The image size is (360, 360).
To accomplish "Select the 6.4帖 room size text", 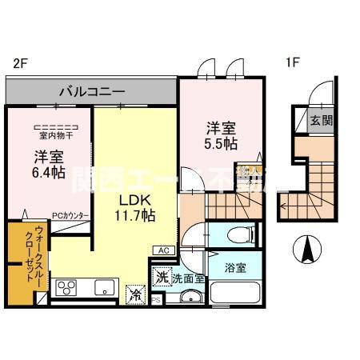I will coord(49,173).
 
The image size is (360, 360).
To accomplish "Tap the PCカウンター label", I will coord(70,215).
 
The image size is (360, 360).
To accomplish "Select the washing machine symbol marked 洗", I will coord(162,277).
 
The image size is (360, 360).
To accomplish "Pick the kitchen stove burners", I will coord(66,287).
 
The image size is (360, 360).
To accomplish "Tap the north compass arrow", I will coord(308,251).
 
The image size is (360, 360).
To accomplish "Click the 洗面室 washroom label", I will coord(188,278).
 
